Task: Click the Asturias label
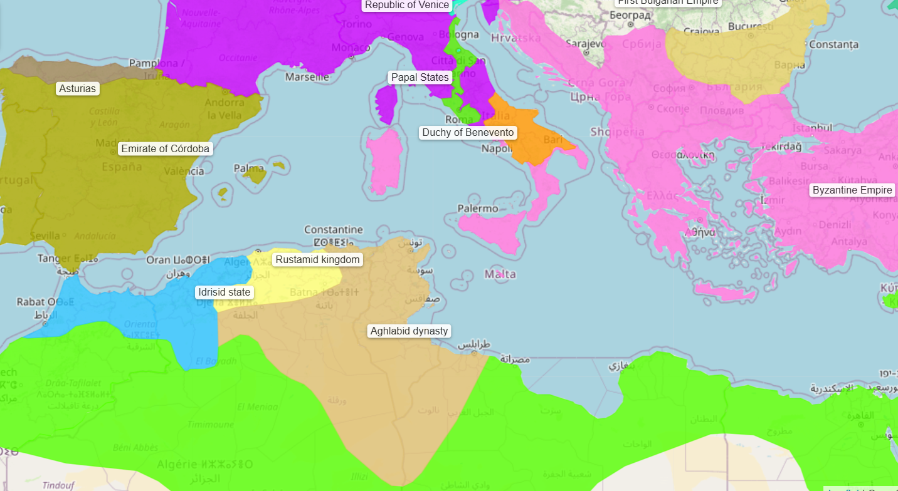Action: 78,88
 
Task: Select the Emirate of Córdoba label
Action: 166,149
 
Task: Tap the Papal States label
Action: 420,78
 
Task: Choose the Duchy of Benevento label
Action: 468,133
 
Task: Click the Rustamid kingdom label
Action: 318,260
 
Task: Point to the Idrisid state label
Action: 224,292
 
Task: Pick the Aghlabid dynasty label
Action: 409,331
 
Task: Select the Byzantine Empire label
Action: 852,190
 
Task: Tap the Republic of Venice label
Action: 407,5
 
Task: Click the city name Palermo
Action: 478,209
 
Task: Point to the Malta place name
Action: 500,274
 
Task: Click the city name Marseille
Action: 307,77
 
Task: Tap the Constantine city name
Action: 334,230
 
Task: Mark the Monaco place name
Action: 351,48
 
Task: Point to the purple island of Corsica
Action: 387,103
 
